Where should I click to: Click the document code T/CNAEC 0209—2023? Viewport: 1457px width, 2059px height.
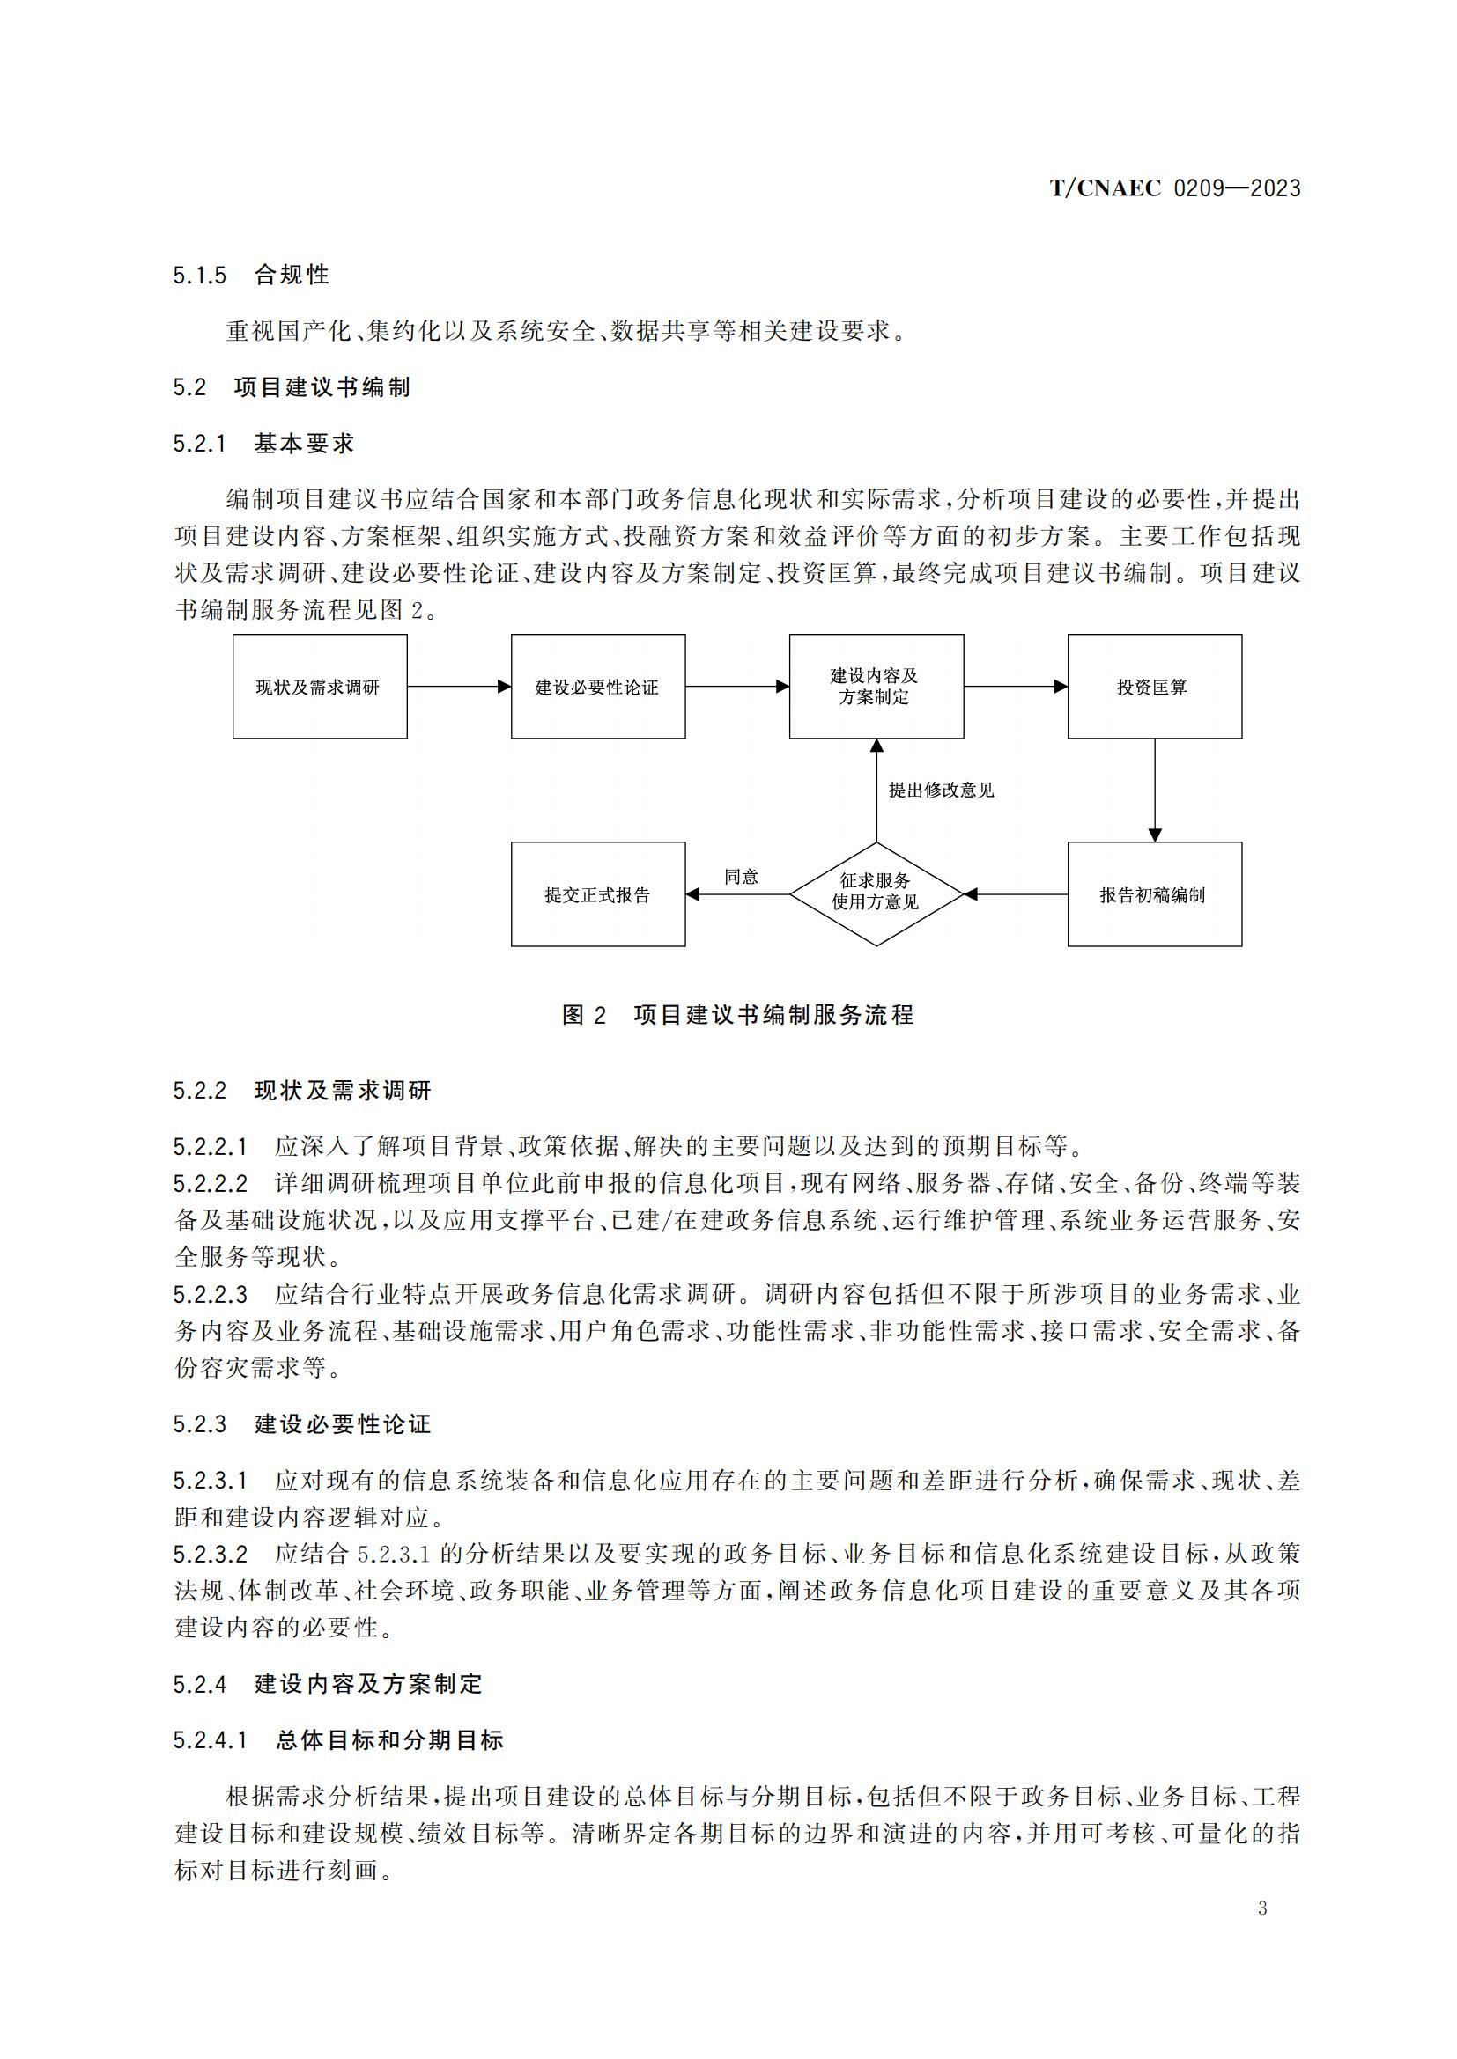click(x=1174, y=188)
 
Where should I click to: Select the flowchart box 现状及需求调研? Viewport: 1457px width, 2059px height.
click(x=320, y=687)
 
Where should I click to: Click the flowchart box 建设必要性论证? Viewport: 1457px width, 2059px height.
click(x=597, y=687)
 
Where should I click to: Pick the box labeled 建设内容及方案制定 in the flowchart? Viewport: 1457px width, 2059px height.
click(x=876, y=687)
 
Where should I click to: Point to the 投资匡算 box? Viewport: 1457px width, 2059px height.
click(x=1154, y=687)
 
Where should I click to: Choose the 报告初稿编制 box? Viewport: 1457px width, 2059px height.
click(x=1154, y=894)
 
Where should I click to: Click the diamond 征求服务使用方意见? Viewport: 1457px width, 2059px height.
click(x=876, y=893)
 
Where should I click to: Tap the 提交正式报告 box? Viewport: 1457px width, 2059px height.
click(x=597, y=894)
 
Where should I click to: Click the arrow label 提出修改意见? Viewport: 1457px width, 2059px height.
click(x=941, y=790)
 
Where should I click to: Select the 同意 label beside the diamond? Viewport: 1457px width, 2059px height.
click(x=741, y=876)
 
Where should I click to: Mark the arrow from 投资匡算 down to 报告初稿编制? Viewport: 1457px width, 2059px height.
click(x=1155, y=789)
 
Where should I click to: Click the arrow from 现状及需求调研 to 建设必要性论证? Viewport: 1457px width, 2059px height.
click(x=458, y=687)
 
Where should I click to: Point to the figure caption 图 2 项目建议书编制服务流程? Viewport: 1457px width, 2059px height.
click(x=737, y=1014)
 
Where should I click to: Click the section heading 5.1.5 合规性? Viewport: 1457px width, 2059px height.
click(x=251, y=275)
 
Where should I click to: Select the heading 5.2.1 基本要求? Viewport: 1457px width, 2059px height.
click(x=263, y=443)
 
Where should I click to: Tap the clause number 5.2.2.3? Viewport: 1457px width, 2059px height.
click(x=210, y=1294)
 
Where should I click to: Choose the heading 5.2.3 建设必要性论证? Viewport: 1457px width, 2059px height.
click(x=301, y=1424)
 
